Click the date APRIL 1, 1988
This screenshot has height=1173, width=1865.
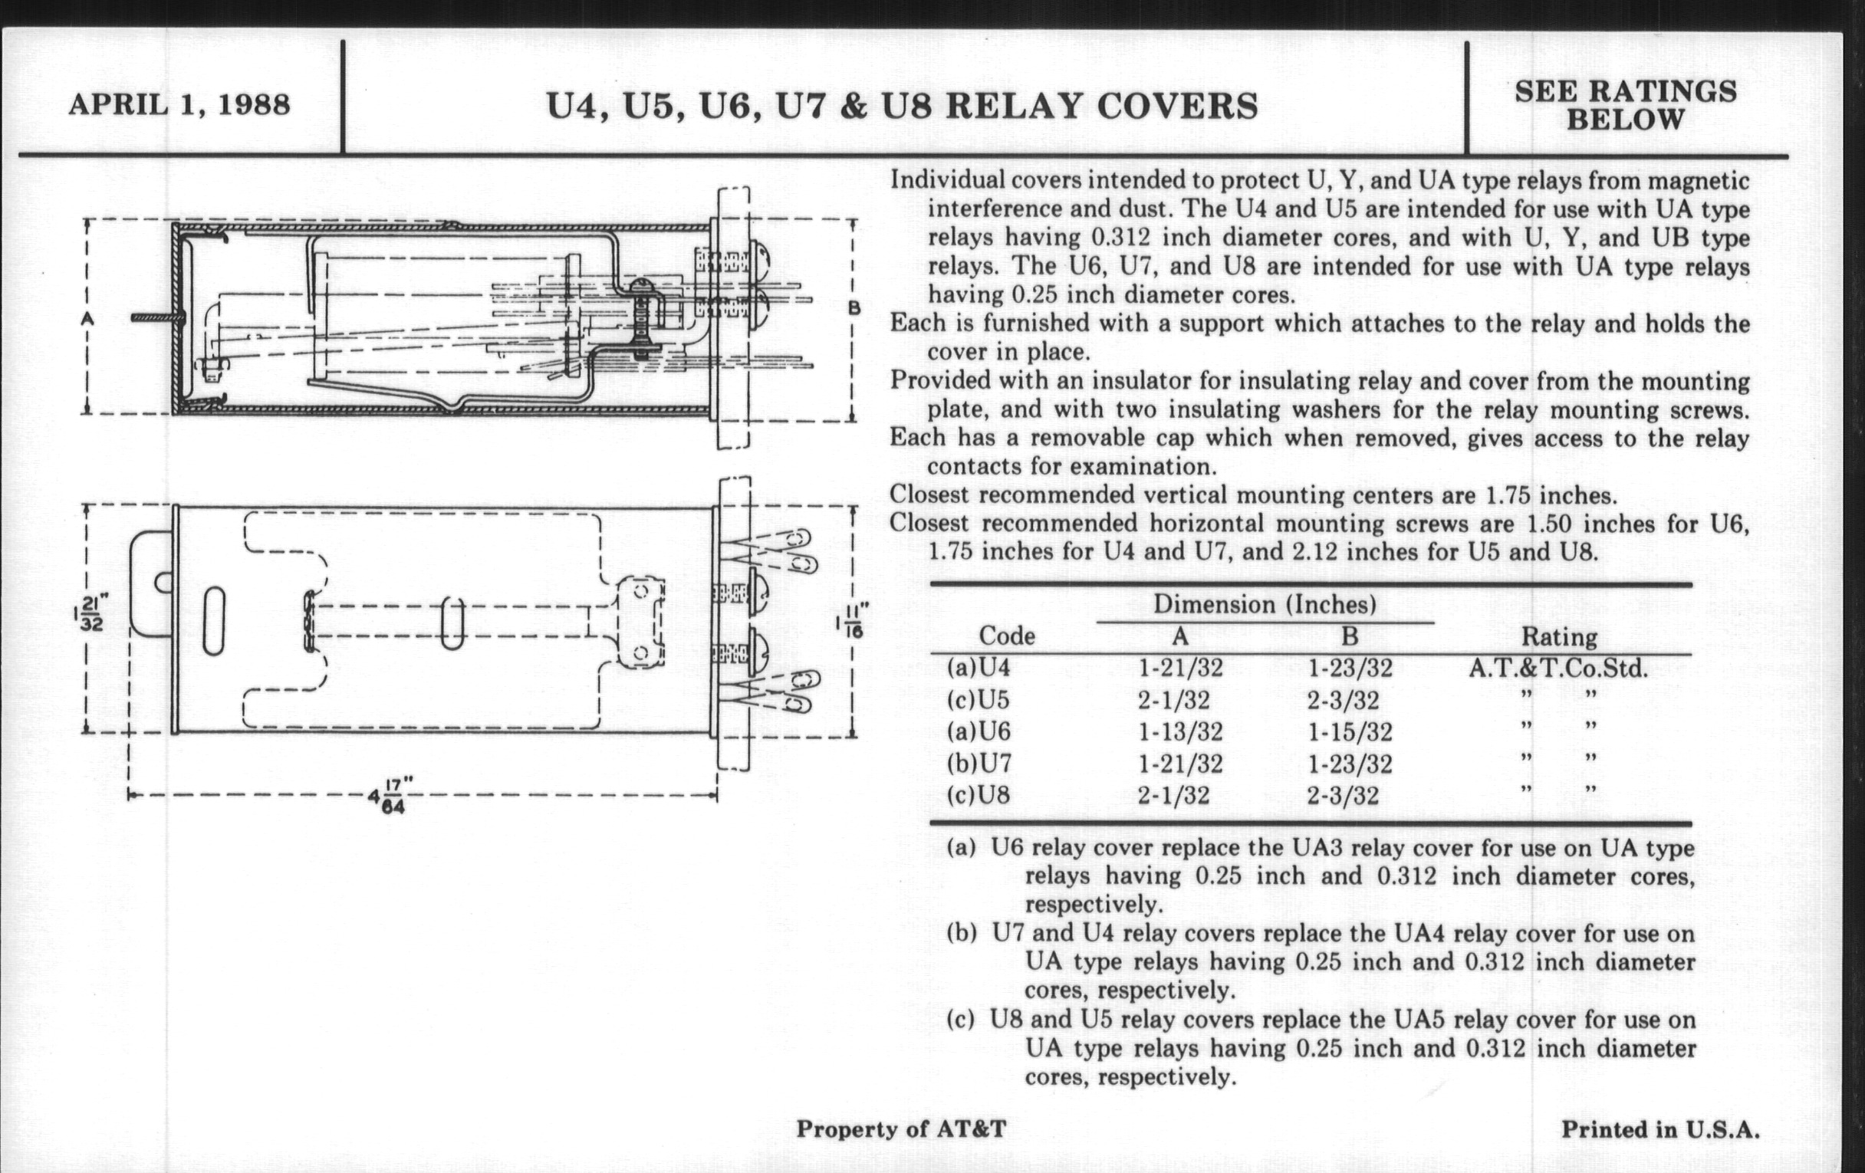click(x=179, y=103)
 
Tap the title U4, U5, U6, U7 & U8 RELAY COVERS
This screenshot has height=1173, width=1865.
click(x=902, y=106)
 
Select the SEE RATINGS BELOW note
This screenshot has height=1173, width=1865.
click(x=1625, y=105)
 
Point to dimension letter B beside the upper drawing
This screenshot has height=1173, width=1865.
click(x=854, y=308)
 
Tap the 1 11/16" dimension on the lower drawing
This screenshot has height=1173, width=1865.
click(x=851, y=622)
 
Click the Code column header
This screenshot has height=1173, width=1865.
click(x=1006, y=636)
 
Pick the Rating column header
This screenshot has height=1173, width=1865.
click(x=1559, y=636)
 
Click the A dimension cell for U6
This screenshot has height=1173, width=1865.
click(x=1179, y=731)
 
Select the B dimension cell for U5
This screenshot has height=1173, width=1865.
click(x=1343, y=700)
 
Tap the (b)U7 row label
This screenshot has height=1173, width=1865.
click(x=979, y=764)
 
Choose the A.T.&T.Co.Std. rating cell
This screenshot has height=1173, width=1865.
click(x=1558, y=669)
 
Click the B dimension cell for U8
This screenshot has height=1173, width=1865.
click(x=1343, y=795)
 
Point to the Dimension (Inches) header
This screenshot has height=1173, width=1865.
click(x=1264, y=604)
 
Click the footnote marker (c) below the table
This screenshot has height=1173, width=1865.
click(x=960, y=1019)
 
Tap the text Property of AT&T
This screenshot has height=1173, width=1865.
click(x=901, y=1129)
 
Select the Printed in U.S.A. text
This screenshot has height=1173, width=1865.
click(x=1659, y=1129)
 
